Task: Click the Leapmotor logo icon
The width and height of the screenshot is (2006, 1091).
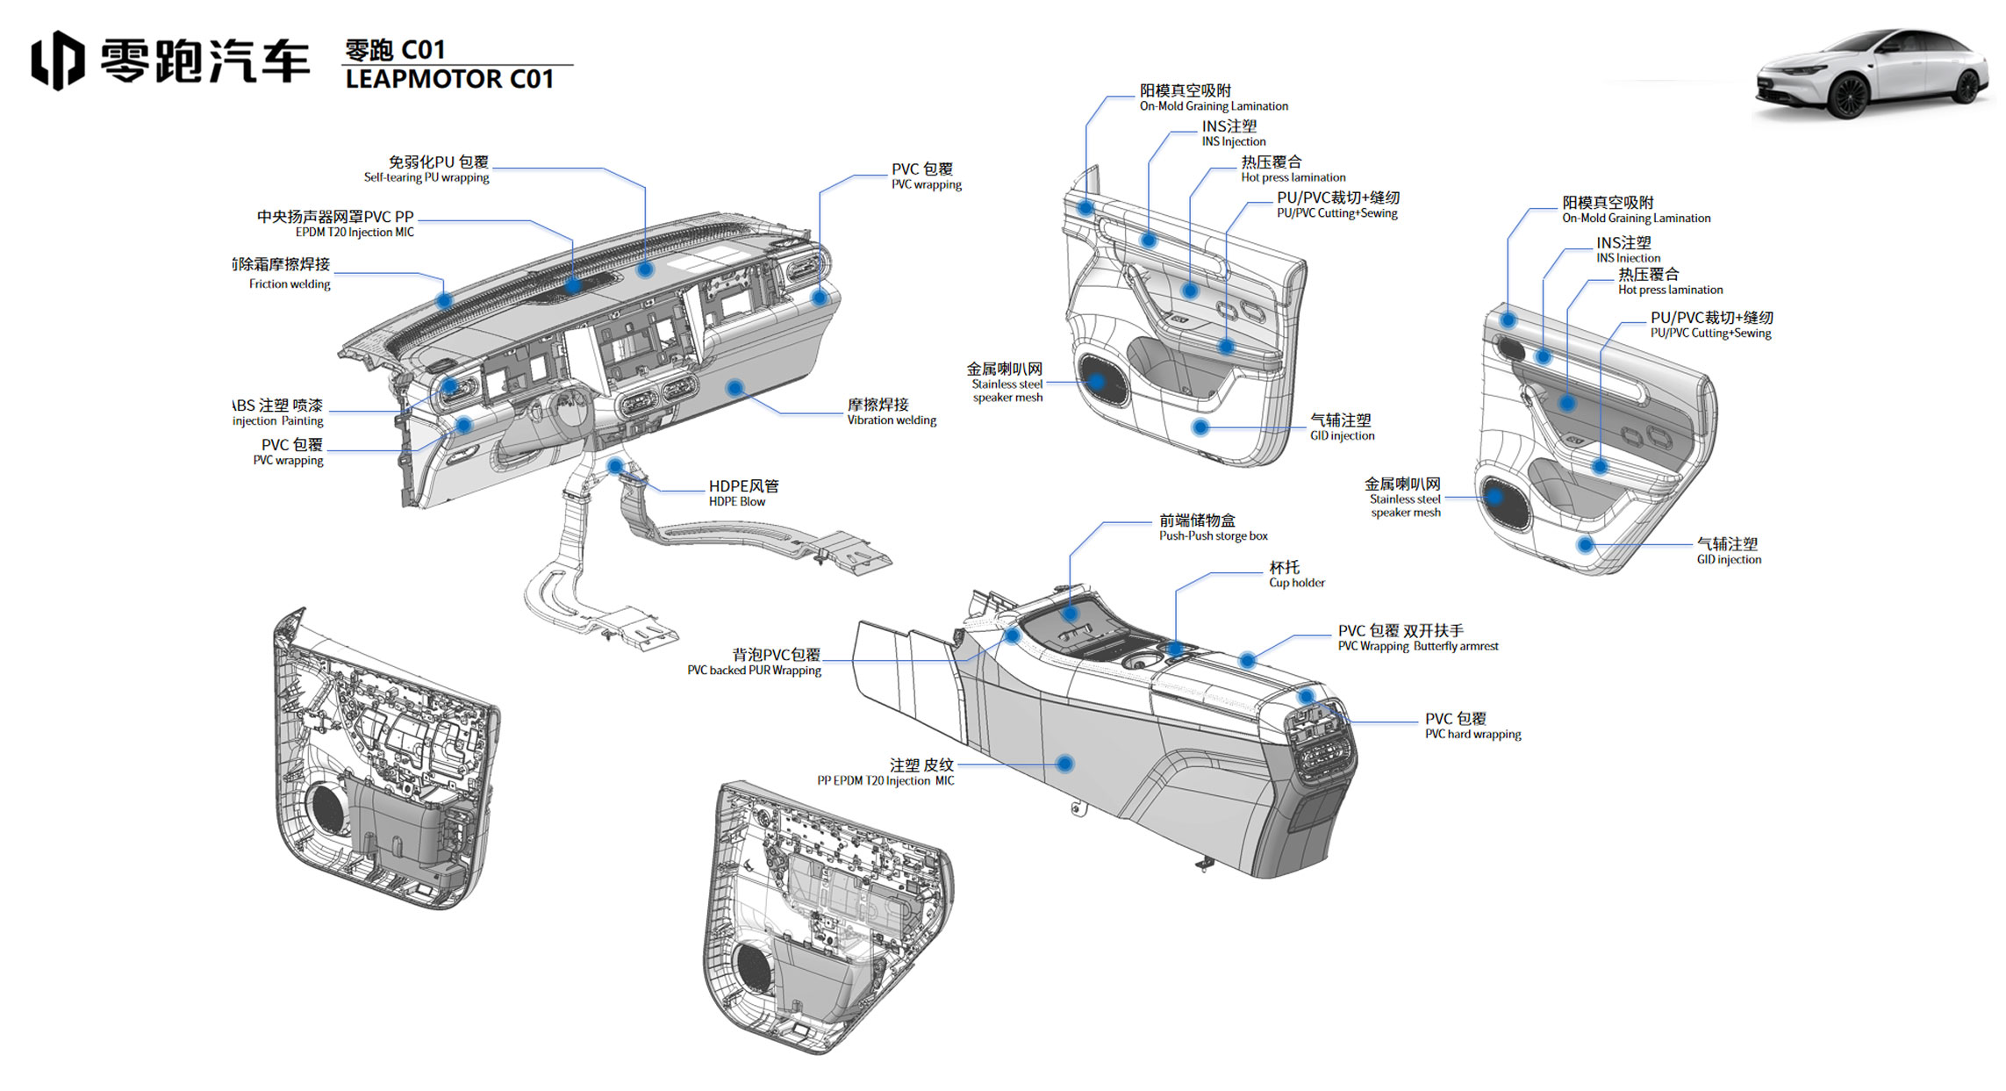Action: pos(58,60)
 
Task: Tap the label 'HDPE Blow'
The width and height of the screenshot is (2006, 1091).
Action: pos(737,502)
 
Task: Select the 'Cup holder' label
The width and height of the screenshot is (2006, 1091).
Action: pos(1296,583)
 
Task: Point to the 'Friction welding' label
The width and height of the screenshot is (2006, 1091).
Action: pos(290,284)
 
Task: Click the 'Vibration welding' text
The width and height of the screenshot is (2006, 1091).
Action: pos(892,420)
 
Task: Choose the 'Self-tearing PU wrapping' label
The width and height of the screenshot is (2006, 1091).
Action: pos(426,177)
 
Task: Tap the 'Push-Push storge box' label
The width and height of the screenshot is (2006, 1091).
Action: pos(1213,536)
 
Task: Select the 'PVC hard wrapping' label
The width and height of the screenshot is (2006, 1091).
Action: pos(1472,735)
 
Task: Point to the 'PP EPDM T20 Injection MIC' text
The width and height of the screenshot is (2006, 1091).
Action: pos(885,781)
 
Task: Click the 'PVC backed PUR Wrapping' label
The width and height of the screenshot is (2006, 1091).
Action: pos(754,671)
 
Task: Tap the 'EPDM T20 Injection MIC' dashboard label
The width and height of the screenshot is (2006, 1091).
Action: pos(355,233)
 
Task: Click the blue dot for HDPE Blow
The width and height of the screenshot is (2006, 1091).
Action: pos(615,465)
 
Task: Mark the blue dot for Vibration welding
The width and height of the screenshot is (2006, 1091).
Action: pos(735,388)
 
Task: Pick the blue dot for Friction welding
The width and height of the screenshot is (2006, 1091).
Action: pos(444,300)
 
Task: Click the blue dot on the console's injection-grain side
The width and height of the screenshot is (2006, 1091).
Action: pos(1064,764)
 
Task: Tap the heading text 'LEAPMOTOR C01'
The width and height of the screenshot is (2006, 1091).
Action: pos(449,80)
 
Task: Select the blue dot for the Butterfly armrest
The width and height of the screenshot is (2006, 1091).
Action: pos(1247,659)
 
